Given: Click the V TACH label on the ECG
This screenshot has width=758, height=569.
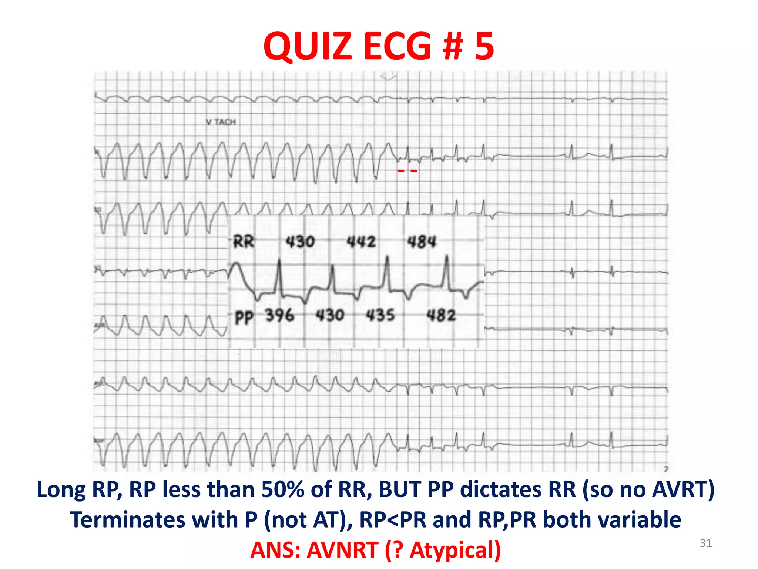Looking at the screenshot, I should coord(221,122).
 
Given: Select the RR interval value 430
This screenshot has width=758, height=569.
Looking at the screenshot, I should coord(300,242).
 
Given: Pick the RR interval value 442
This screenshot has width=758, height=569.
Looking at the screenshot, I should coord(361,242).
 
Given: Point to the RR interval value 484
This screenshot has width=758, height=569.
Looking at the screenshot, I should coord(422,242).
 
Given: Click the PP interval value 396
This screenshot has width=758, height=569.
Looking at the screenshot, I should coord(279,316).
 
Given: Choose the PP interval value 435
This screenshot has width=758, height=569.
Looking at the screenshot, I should coord(380,316).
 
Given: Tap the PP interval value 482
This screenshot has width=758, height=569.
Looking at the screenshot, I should coord(441,316).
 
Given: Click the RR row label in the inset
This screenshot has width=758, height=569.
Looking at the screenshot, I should coord(244,242).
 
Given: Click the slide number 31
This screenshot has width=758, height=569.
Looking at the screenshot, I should coord(705,543).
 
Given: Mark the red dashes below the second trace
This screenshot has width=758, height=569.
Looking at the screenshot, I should coord(407,171).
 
